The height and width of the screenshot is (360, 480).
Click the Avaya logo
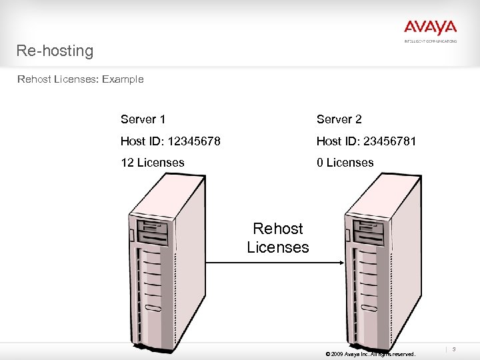(x=430, y=27)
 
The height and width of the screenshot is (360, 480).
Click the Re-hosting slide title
(x=55, y=51)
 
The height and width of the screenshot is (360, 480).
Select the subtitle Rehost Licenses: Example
(x=80, y=79)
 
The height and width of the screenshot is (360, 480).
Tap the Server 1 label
(x=143, y=119)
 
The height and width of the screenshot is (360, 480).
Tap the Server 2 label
(x=339, y=119)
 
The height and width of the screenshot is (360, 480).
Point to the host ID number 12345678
(x=195, y=141)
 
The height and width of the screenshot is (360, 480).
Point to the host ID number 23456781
(x=390, y=141)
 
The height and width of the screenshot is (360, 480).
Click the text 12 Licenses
(x=152, y=163)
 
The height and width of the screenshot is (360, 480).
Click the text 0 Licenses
(x=345, y=163)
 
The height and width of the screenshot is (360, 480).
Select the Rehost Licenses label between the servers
(x=278, y=238)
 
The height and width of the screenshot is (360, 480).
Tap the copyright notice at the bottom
(x=369, y=354)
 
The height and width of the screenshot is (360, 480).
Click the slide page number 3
(x=454, y=349)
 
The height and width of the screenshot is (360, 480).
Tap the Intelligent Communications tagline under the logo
(x=430, y=41)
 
